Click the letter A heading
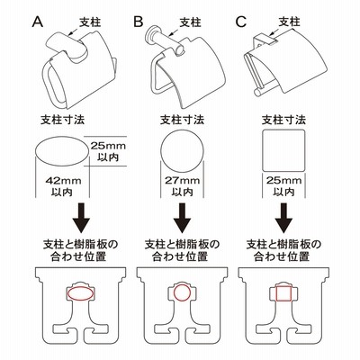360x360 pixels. click(x=38, y=22)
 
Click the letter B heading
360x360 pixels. click(x=139, y=22)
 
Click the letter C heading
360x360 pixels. click(x=241, y=22)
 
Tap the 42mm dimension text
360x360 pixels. click(x=63, y=181)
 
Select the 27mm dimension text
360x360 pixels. click(x=182, y=181)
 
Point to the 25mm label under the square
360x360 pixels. click(x=283, y=180)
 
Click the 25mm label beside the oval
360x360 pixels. click(x=108, y=146)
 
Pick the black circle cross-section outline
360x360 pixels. click(x=161, y=152)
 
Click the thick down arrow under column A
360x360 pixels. click(x=81, y=218)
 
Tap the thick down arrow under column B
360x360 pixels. click(x=182, y=218)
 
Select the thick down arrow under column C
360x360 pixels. click(x=283, y=218)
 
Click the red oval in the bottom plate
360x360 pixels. click(x=67, y=293)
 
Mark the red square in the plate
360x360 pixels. click(x=276, y=293)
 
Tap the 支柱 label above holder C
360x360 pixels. click(x=289, y=22)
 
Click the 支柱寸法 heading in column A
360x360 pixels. click(x=63, y=120)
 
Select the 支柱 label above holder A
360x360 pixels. click(x=90, y=22)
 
